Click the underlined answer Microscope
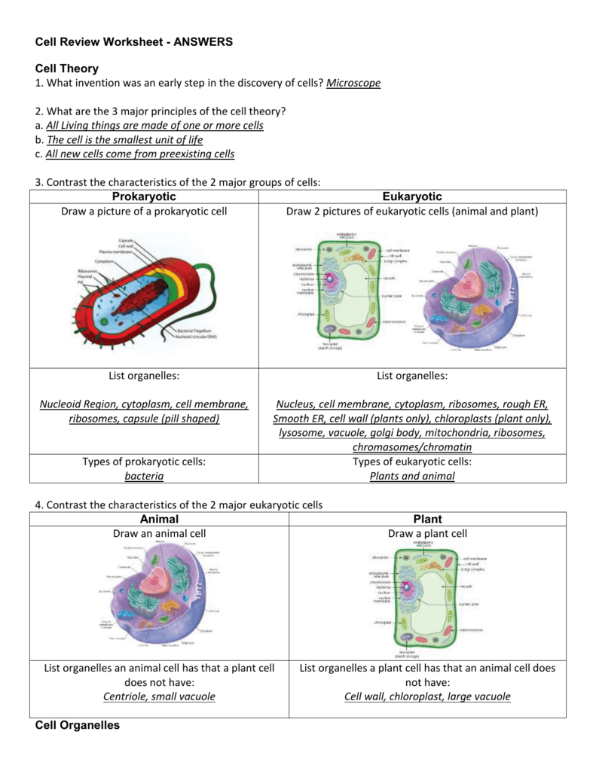tap(353, 83)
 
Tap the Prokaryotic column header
tap(143, 197)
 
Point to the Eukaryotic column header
tap(411, 197)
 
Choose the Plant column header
tap(427, 519)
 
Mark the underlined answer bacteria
tap(143, 476)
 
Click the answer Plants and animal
tap(412, 476)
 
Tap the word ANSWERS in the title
tap(203, 42)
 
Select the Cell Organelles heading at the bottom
tap(78, 725)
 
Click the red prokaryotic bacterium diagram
tap(151, 290)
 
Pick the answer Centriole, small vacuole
tap(159, 696)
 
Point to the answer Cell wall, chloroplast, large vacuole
tap(427, 696)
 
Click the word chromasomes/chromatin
tap(412, 447)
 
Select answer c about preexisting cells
tap(140, 154)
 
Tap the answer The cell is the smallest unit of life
tap(124, 139)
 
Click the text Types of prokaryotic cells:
tap(144, 462)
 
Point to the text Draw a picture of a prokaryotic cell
tap(144, 212)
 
